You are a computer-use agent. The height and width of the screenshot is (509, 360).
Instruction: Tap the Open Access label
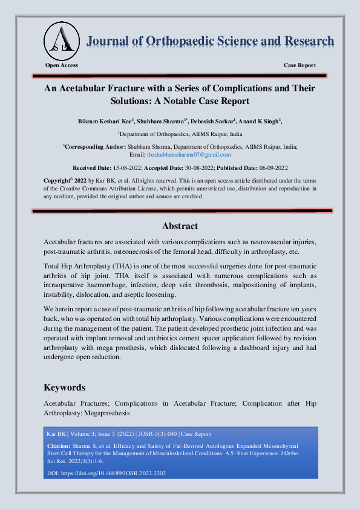point(62,65)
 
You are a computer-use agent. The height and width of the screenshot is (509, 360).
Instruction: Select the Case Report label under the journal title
point(299,65)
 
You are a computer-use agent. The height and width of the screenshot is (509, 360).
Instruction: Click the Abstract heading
point(180,226)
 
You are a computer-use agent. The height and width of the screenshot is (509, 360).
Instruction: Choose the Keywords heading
point(65,387)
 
